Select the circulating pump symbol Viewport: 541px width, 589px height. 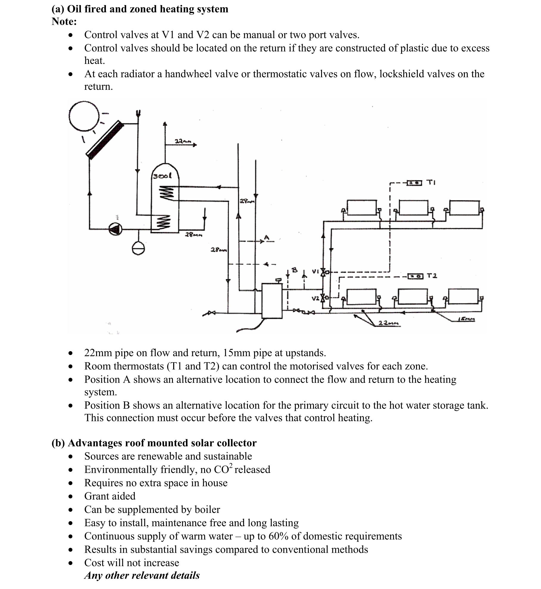(115, 229)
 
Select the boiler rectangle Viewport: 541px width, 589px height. (272, 301)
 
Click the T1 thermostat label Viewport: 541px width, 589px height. (431, 182)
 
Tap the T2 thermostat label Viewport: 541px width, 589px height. (432, 276)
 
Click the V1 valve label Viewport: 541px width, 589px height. (315, 271)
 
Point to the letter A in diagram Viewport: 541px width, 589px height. (267, 238)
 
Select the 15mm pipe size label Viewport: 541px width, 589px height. (467, 319)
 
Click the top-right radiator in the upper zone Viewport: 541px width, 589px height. (464, 208)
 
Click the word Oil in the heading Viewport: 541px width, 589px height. (74, 9)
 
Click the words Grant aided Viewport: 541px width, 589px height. (110, 496)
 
